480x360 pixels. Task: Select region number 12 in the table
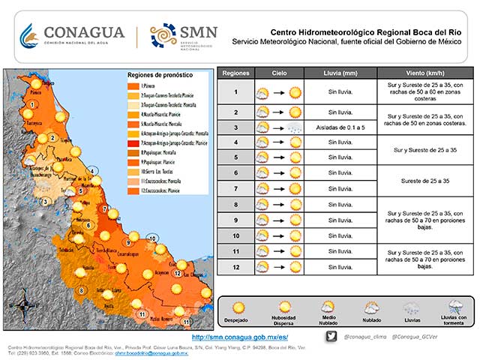click(x=235, y=266)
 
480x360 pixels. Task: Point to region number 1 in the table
click(x=235, y=93)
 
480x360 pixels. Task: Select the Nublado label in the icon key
click(x=371, y=320)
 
